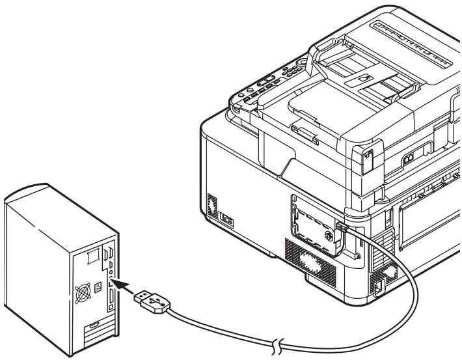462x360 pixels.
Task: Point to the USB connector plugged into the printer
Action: click(x=342, y=227)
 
